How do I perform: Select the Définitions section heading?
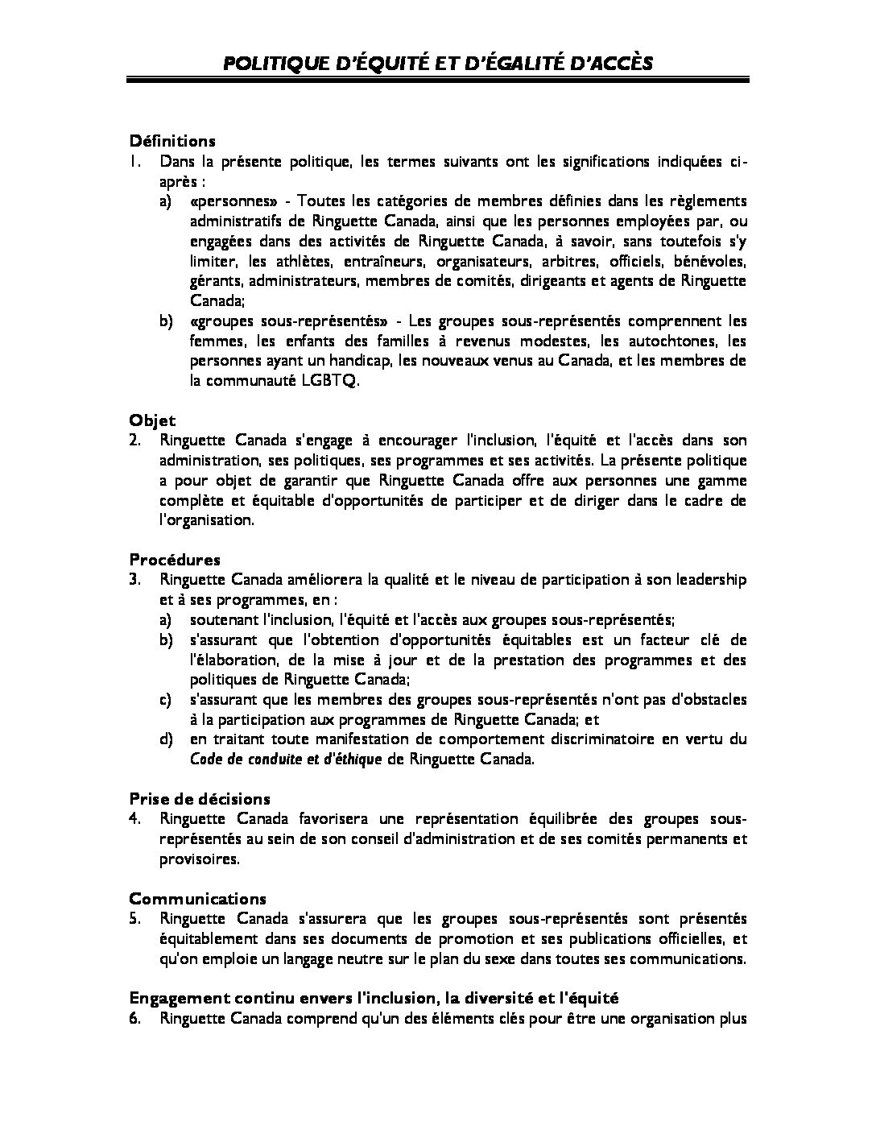[x=172, y=140]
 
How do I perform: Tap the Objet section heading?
[x=152, y=420]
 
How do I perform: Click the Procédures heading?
[x=175, y=559]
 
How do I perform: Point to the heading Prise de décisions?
[x=200, y=798]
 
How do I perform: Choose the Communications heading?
[x=197, y=898]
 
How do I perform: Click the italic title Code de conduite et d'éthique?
[x=286, y=759]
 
